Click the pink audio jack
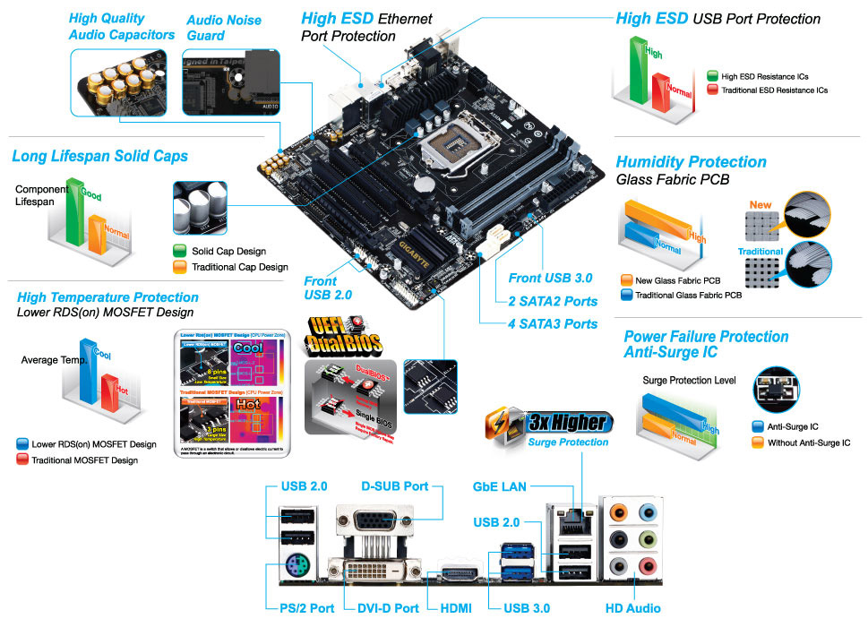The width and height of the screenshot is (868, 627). click(649, 566)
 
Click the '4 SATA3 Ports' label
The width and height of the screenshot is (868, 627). click(553, 323)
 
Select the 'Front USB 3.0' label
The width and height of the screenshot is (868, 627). click(550, 278)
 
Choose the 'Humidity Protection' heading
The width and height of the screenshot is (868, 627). click(691, 162)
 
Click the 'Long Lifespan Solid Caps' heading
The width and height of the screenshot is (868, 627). click(99, 156)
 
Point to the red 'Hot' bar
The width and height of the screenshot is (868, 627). click(112, 394)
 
